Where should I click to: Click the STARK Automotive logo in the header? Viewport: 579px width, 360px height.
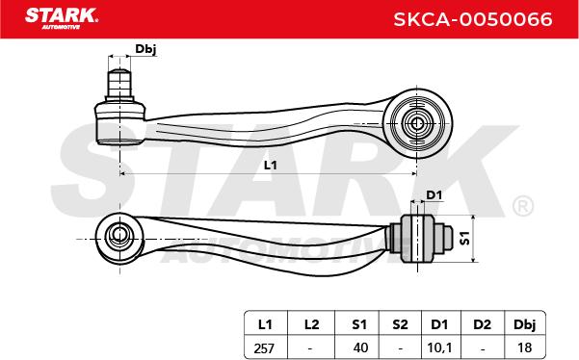(x=62, y=17)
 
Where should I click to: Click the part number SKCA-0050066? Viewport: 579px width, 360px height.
(x=473, y=19)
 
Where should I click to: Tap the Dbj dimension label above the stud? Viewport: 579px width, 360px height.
(x=145, y=49)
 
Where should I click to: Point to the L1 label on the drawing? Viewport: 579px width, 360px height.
(x=271, y=165)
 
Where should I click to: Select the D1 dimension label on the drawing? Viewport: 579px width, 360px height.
(x=434, y=194)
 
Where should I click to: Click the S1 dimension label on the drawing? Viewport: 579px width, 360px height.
(x=465, y=238)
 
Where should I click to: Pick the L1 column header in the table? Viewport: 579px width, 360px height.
(x=265, y=324)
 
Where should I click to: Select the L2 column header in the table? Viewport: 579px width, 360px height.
(x=311, y=324)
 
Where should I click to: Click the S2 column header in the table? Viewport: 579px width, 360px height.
(x=400, y=324)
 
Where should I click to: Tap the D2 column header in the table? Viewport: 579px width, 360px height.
(x=483, y=324)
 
